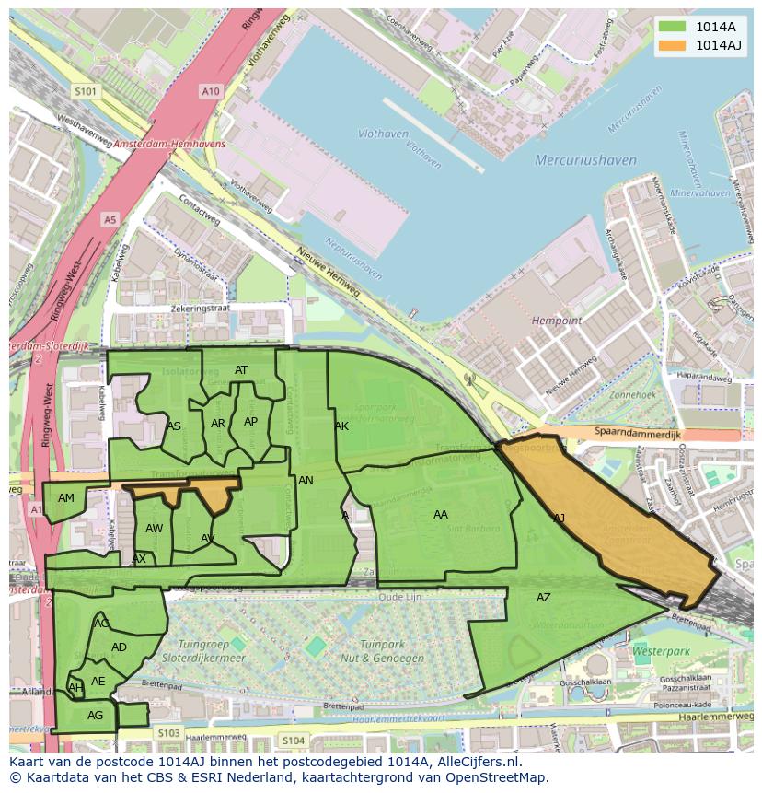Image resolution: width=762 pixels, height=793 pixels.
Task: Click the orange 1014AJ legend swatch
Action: tap(673, 45)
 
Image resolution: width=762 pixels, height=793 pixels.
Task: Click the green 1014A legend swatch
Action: tap(673, 27)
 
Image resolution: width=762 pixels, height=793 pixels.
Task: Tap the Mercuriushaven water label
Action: tap(585, 160)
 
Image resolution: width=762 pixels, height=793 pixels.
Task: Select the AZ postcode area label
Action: tap(544, 598)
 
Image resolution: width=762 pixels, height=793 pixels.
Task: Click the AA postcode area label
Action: tap(441, 515)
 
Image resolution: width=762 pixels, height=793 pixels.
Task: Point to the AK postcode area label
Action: tap(341, 426)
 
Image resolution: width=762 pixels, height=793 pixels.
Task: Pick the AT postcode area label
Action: tap(241, 370)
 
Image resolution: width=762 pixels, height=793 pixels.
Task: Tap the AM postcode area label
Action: tap(66, 498)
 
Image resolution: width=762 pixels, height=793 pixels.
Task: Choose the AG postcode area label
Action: tap(95, 716)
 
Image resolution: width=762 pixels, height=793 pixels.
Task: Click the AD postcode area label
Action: tap(119, 647)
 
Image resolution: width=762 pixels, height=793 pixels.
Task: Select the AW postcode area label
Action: tap(154, 529)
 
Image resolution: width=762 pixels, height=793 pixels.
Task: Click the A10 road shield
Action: tap(211, 91)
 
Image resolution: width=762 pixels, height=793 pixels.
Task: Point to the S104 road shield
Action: tap(293, 741)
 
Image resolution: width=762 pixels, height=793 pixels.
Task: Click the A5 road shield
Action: tap(110, 219)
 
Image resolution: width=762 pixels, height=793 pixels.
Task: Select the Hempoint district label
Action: tap(557, 321)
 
